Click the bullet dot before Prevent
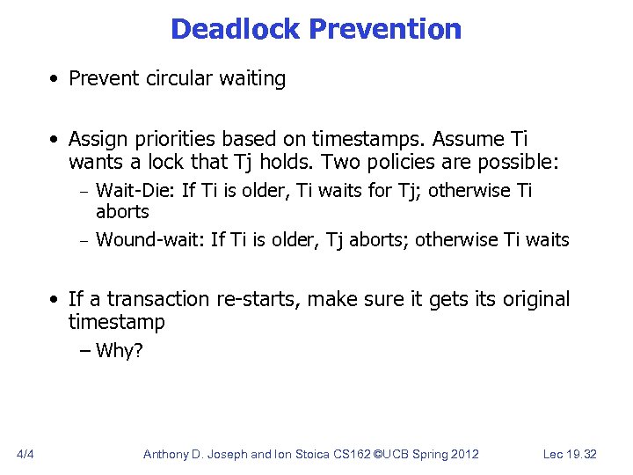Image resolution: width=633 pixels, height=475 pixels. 55,79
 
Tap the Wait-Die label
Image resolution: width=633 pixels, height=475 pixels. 135,191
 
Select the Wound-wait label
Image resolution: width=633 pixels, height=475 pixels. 150,240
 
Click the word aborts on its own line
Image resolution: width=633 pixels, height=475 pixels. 122,212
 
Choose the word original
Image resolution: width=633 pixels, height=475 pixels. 536,300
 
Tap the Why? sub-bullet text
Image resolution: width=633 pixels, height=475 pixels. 119,352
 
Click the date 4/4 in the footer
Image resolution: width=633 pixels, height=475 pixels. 25,454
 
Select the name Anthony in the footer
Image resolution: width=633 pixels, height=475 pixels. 171,454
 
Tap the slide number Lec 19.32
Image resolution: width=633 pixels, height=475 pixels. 570,454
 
